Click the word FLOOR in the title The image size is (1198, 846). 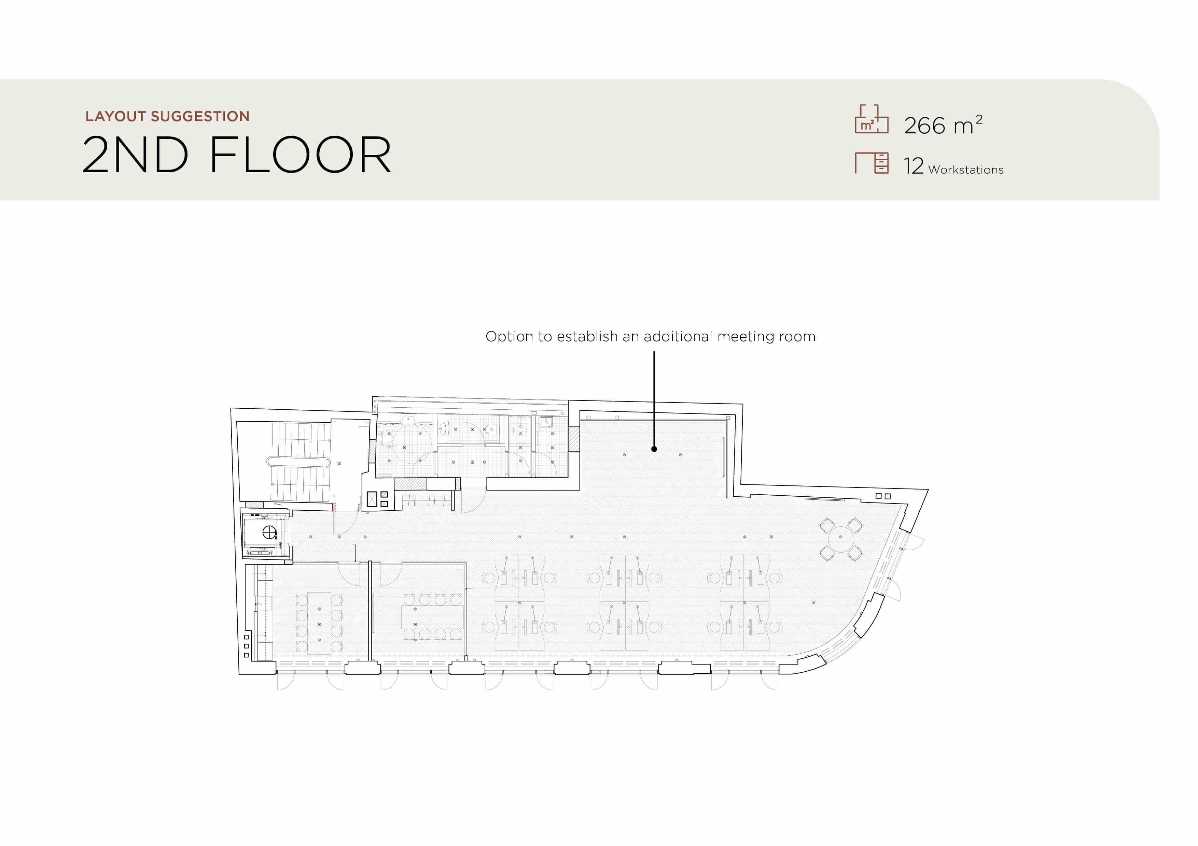(301, 155)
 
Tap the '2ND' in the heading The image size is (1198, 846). (135, 155)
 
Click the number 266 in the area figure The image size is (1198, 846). (924, 126)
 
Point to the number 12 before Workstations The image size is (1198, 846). (914, 166)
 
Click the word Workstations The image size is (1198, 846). (966, 170)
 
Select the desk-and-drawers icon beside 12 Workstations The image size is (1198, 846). (872, 163)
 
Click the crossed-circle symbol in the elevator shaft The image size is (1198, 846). (269, 532)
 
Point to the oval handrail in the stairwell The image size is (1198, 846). (298, 462)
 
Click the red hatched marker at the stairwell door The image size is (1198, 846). (334, 507)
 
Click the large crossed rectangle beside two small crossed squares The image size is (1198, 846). (372, 499)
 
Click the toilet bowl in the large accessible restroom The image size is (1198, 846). (387, 441)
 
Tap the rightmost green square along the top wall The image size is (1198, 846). (728, 418)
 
